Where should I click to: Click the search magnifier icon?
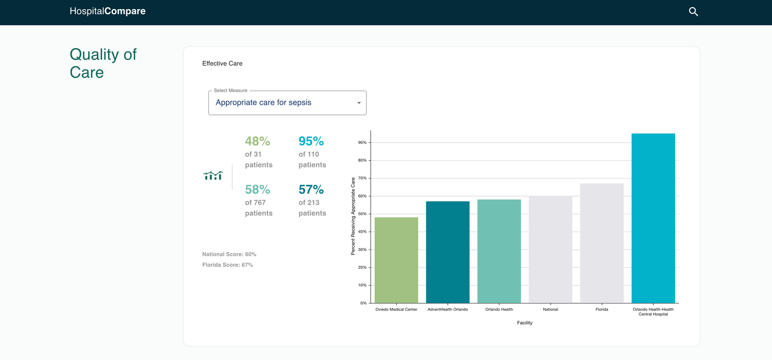[693, 12]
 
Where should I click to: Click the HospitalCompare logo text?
[108, 11]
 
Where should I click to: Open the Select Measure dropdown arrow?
[358, 103]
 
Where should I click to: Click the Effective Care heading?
[222, 63]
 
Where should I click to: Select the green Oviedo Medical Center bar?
[396, 260]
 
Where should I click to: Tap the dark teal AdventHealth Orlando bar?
[447, 252]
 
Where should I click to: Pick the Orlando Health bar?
[499, 251]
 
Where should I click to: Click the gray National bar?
[550, 249]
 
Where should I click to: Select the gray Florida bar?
[602, 243]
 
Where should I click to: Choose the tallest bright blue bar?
[653, 218]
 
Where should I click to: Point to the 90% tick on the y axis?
[362, 143]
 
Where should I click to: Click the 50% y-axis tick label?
[362, 214]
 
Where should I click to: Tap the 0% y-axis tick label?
[363, 303]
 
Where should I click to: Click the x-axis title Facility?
[524, 323]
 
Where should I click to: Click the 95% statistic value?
[311, 141]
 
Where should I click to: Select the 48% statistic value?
[257, 141]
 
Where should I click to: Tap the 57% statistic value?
[311, 190]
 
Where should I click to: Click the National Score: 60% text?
[229, 254]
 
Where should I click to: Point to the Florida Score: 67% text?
[227, 265]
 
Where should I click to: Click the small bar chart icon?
[213, 176]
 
